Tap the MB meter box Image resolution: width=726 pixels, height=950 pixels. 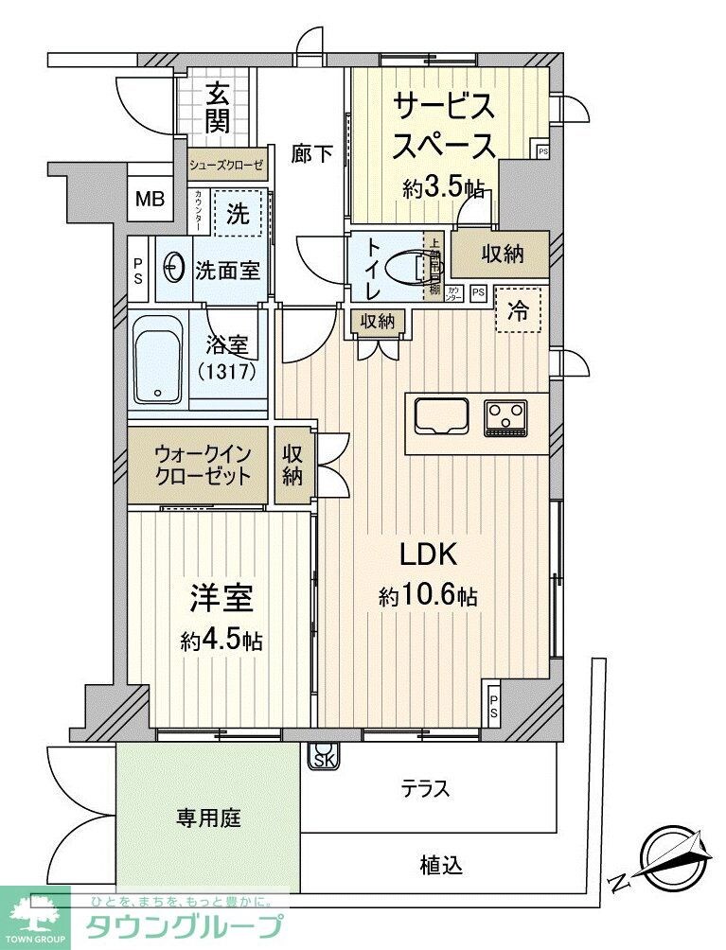(149, 199)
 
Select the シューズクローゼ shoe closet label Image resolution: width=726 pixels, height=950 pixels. (226, 165)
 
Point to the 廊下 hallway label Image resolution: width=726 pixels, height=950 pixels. (311, 153)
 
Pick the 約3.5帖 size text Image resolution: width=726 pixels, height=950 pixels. (443, 187)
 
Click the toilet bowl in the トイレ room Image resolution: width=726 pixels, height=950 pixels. (415, 268)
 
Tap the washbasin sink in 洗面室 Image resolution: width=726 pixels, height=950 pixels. (174, 268)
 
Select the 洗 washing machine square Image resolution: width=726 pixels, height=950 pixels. (237, 213)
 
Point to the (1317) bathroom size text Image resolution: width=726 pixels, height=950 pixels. (227, 371)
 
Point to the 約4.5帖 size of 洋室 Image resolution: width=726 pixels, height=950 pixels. (221, 641)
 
